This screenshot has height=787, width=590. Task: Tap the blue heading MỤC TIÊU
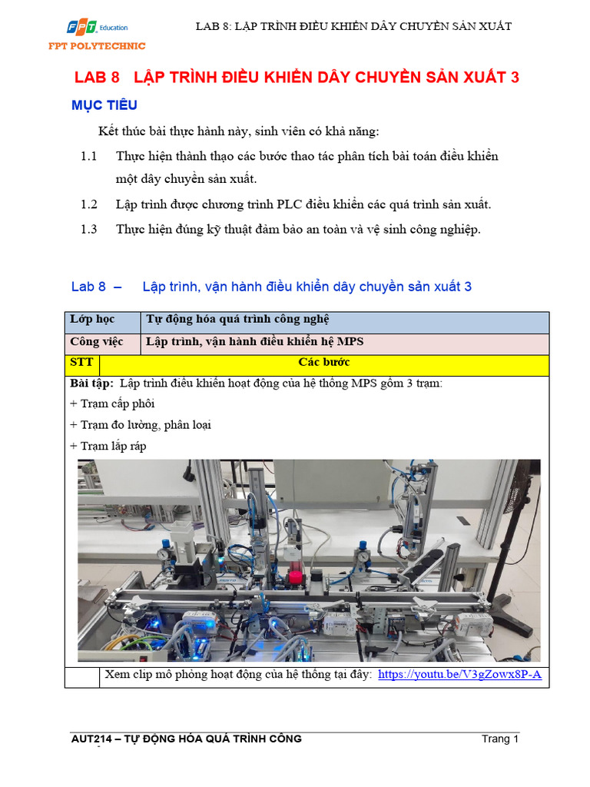[x=104, y=105]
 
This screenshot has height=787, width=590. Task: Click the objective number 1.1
[x=89, y=156]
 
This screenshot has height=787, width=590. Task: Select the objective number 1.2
[x=89, y=204]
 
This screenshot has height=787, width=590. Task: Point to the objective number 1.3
[x=89, y=229]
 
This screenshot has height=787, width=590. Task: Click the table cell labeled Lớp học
[x=91, y=320]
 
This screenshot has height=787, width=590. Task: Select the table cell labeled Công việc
[x=96, y=341]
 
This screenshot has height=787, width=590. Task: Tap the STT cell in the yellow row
[x=81, y=362]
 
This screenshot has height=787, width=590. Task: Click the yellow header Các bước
[x=323, y=362]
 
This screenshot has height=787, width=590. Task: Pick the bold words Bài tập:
[x=91, y=384]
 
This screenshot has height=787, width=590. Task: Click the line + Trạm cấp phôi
[x=112, y=403]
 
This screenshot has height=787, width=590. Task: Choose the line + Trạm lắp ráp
[x=108, y=446]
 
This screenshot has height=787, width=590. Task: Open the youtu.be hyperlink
[x=460, y=675]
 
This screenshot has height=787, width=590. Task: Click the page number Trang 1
[x=501, y=739]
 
